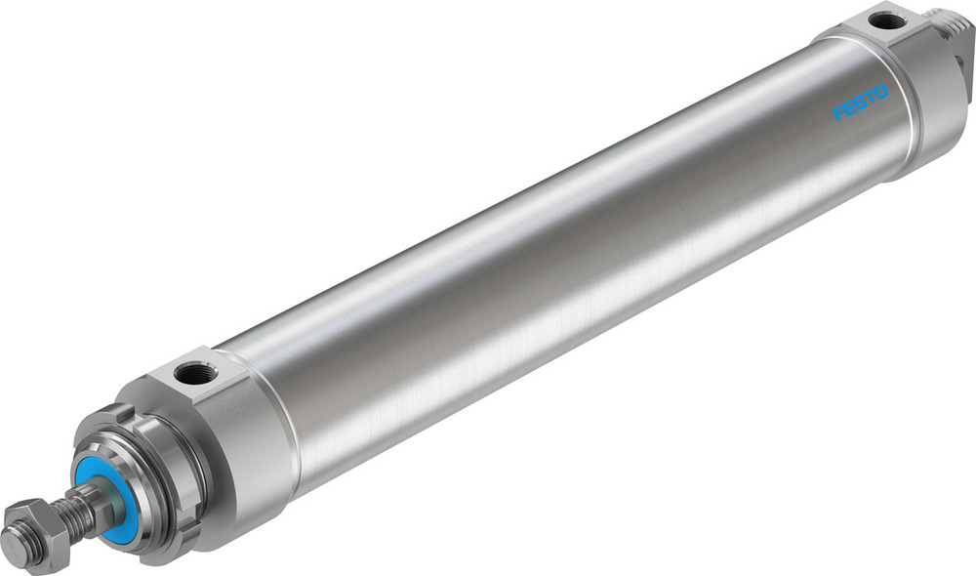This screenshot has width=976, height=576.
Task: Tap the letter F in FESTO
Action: pos(838,116)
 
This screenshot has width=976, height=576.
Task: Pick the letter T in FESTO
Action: pos(871,99)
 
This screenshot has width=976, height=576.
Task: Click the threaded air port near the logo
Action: pos(887,21)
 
